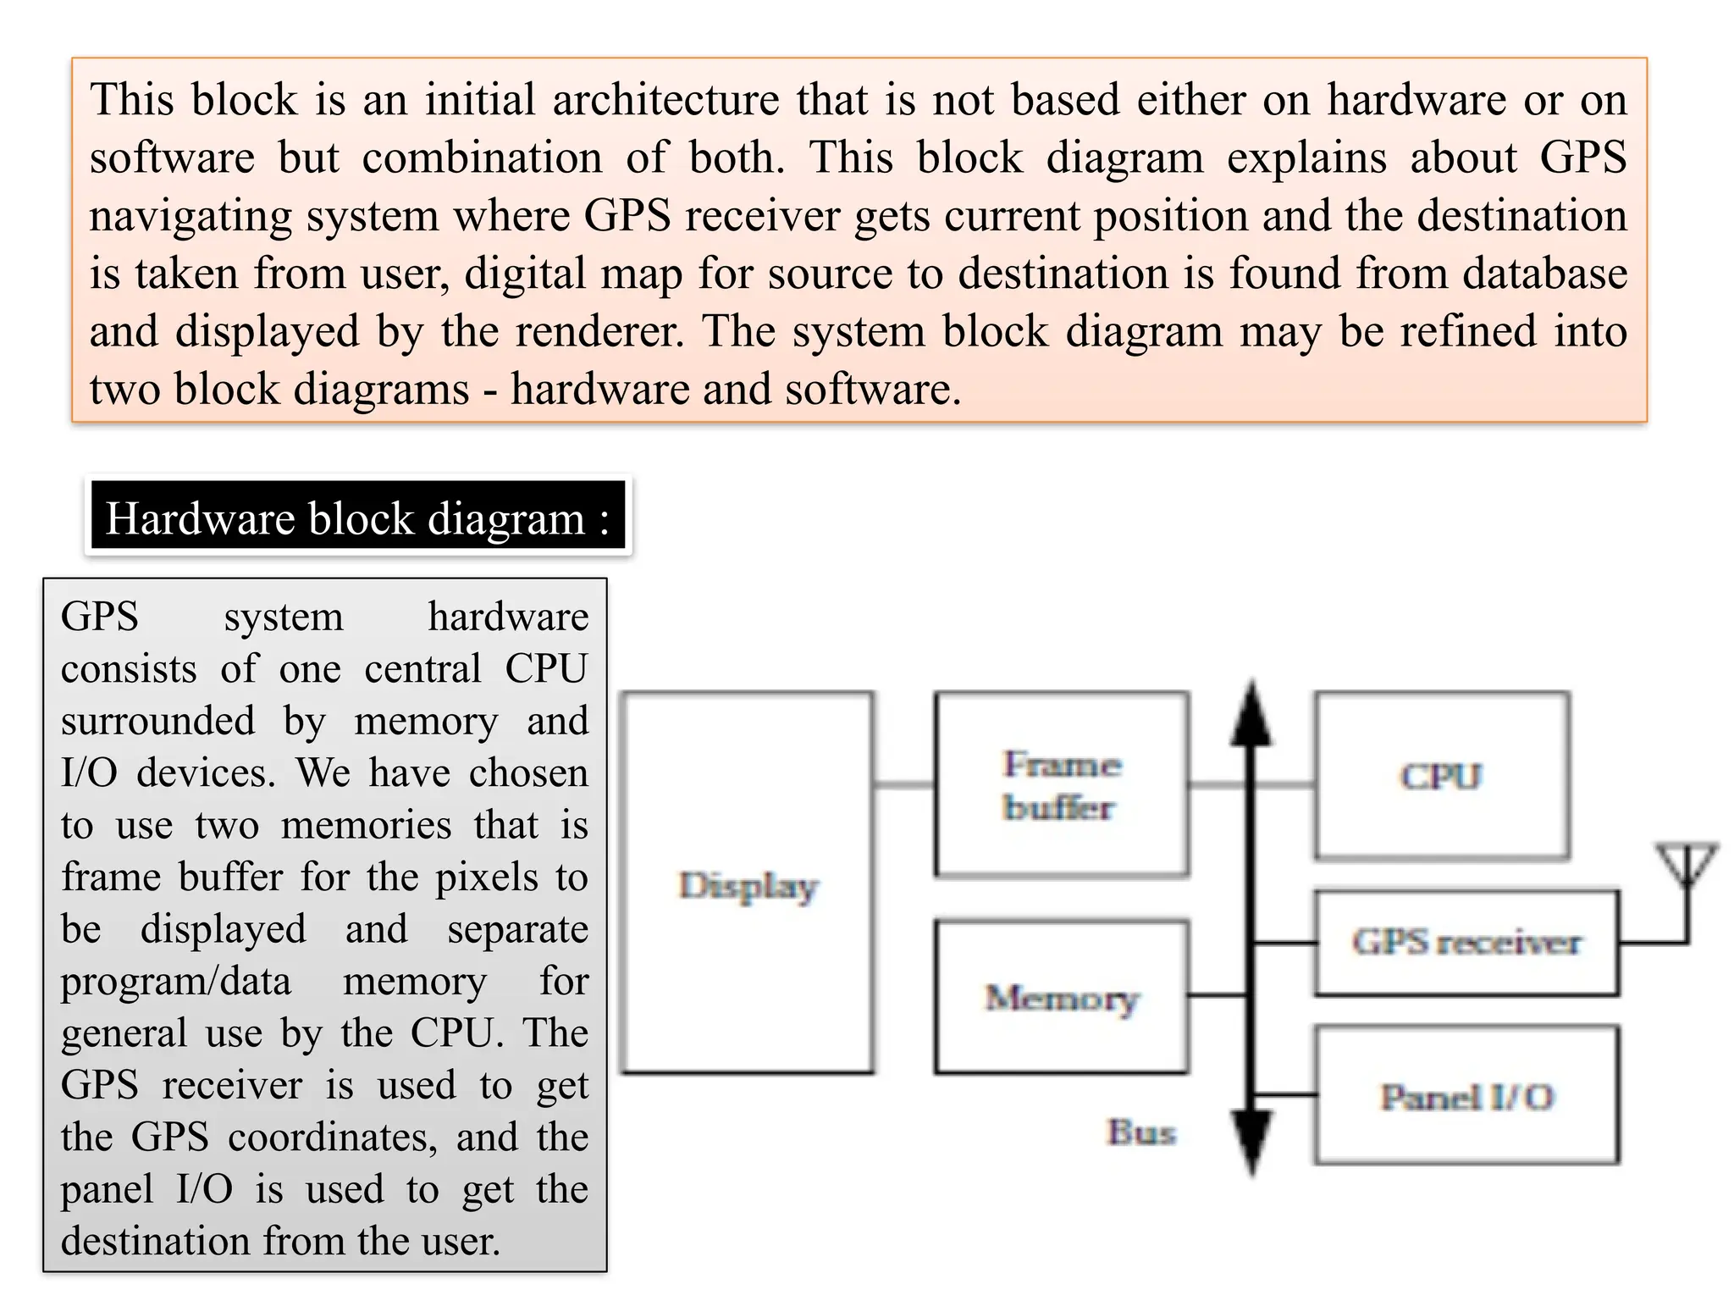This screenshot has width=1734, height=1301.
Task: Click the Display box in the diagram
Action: pyautogui.click(x=747, y=883)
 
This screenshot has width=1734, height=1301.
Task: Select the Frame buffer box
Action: pyautogui.click(x=1062, y=784)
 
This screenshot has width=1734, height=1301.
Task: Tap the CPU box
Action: pyautogui.click(x=1441, y=776)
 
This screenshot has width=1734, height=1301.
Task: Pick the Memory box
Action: pyautogui.click(x=1062, y=997)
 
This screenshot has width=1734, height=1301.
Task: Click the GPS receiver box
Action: pyautogui.click(x=1466, y=942)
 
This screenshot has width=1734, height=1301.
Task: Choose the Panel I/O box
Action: pyautogui.click(x=1466, y=1096)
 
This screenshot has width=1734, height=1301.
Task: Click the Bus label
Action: pyautogui.click(x=1141, y=1132)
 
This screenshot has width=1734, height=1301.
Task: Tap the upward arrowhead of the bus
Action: pyautogui.click(x=1251, y=717)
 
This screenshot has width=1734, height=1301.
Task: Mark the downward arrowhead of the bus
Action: pyautogui.click(x=1251, y=1140)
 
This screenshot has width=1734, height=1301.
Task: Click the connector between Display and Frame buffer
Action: pyautogui.click(x=904, y=785)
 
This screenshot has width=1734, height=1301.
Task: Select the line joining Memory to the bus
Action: pyautogui.click(x=1218, y=995)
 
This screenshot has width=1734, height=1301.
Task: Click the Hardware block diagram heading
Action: pyautogui.click(x=357, y=518)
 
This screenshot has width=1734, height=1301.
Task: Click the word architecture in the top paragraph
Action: pyautogui.click(x=665, y=100)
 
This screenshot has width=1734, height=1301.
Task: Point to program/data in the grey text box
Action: pyautogui.click(x=176, y=981)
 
